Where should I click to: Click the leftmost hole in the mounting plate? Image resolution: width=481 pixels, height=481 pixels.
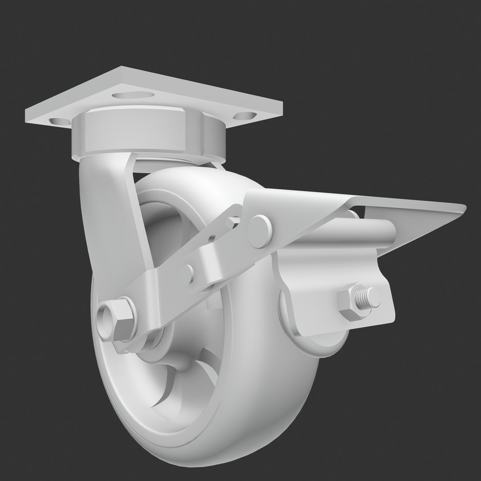click(x=57, y=121)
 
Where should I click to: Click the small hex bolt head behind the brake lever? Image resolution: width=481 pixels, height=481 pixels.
click(x=232, y=221)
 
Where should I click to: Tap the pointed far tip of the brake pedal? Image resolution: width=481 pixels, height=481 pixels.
click(x=463, y=207)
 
